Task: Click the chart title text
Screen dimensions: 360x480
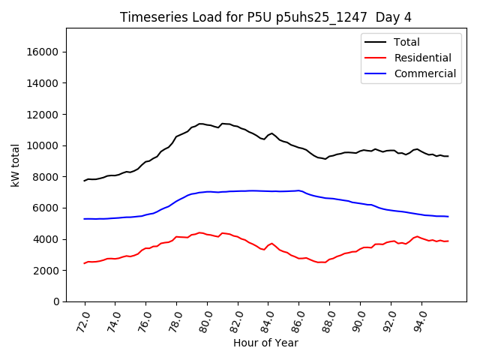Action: [x=265, y=17]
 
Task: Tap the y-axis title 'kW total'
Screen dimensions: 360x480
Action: [x=16, y=165]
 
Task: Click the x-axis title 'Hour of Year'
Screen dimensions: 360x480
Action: [x=265, y=343]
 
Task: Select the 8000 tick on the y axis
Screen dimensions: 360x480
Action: [x=47, y=176]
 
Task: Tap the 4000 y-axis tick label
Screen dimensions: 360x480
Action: [x=47, y=239]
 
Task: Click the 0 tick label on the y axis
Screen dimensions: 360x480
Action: [x=57, y=301]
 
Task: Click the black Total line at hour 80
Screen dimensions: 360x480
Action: [x=208, y=125]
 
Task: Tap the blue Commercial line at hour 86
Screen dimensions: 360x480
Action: [x=299, y=190]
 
